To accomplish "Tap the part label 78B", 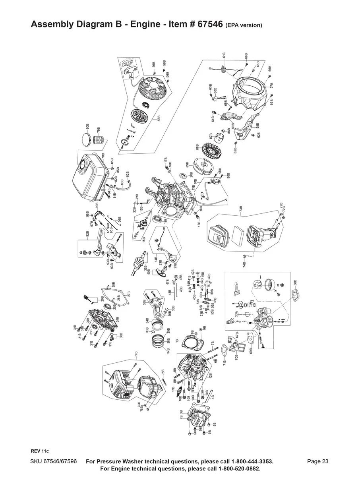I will tap(103, 157).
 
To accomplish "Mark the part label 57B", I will tap(271, 85).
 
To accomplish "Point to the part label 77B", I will tap(136, 354).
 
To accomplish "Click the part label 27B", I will tap(129, 294).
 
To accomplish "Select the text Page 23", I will tap(317, 461).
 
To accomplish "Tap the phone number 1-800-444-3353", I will tap(246, 461).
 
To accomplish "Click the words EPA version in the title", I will tap(244, 25).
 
